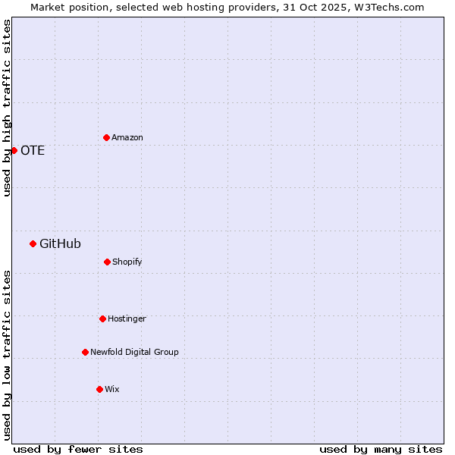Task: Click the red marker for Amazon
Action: coord(106,137)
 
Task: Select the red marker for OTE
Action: coord(14,150)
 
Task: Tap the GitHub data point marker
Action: coord(33,243)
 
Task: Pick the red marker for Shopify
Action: coord(107,262)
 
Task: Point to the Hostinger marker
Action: coord(102,318)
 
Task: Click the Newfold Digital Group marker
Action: coord(85,352)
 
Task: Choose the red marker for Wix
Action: coord(99,389)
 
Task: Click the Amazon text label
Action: coord(127,137)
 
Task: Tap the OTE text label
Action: coord(33,150)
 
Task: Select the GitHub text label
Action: coord(60,243)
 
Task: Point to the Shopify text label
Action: coord(127,262)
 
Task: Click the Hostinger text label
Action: coord(127,318)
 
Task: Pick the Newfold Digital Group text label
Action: coord(134,352)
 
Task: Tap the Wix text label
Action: coord(112,389)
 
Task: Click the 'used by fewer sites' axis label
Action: coord(78,449)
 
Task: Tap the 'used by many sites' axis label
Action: coord(381,449)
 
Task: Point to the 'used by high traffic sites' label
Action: coord(7,108)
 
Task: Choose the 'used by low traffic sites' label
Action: coord(7,355)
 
